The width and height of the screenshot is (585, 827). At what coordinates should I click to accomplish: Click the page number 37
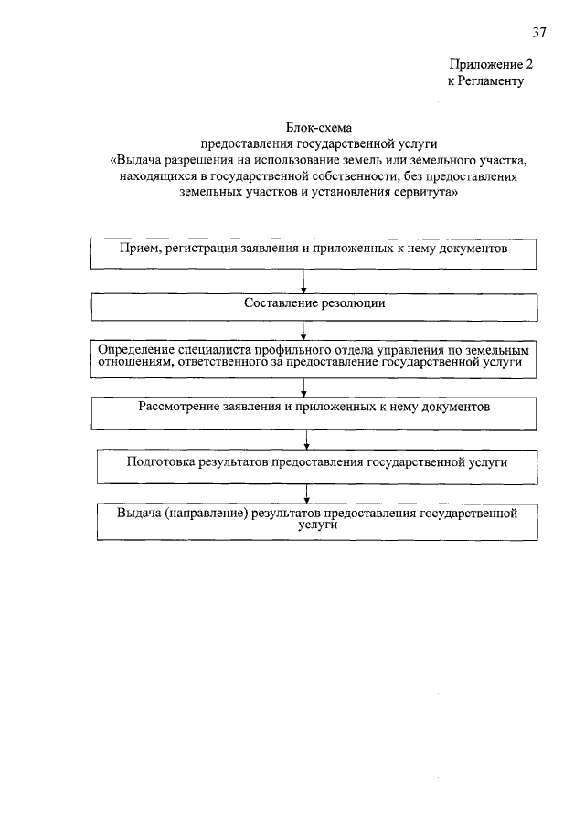click(x=539, y=33)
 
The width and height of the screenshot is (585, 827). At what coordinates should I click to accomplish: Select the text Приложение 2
click(x=490, y=65)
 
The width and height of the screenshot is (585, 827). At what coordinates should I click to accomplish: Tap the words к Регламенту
click(x=484, y=80)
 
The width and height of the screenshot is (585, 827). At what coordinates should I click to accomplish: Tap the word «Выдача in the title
click(x=134, y=160)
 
